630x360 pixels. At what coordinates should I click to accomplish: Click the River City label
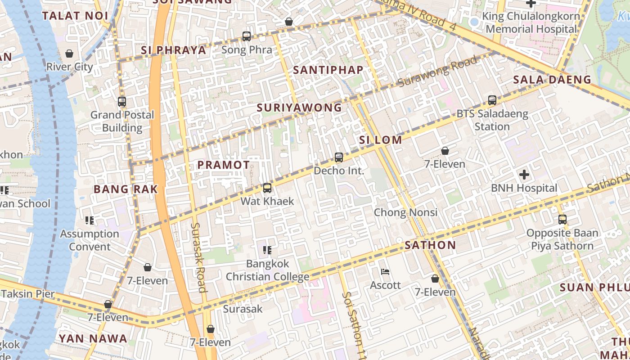click(69, 67)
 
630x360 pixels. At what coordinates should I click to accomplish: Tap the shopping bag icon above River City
click(69, 54)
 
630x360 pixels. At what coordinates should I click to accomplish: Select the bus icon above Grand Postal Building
click(122, 102)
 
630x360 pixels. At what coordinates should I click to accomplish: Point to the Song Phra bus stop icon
click(247, 36)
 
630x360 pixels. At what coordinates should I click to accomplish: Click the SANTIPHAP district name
click(328, 70)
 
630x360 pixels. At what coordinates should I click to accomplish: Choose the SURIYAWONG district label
click(299, 108)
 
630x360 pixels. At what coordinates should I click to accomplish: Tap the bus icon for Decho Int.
click(339, 157)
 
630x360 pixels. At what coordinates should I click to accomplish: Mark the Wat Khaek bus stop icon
click(267, 188)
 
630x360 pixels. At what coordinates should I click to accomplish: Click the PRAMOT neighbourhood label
click(224, 165)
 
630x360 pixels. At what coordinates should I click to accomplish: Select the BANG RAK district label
click(126, 189)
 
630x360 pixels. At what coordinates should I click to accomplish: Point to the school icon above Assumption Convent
click(90, 220)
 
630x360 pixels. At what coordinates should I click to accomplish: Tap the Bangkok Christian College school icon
click(267, 250)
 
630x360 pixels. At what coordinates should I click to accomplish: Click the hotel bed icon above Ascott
click(385, 272)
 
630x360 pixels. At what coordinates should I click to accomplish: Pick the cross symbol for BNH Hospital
click(524, 175)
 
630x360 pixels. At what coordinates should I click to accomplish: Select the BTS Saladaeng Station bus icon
click(492, 100)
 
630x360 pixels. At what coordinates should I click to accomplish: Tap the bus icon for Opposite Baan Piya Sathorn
click(562, 220)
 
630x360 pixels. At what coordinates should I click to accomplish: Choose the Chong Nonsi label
click(405, 212)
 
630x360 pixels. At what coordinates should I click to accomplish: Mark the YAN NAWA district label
click(93, 339)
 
